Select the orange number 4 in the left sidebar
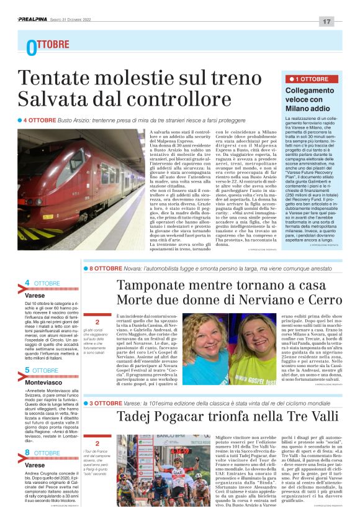click(x=27, y=284)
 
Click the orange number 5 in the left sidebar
click(x=27, y=370)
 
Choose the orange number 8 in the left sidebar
click(x=27, y=453)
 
